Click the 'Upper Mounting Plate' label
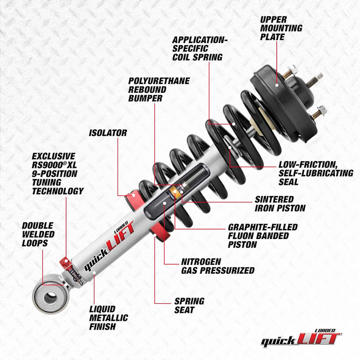click(281, 28)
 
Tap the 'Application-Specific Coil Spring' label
click(200, 49)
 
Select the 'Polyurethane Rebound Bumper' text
click(159, 90)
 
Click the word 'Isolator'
click(108, 133)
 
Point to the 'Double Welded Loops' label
click(38, 235)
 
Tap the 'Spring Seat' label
click(189, 306)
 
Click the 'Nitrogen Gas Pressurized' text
click(217, 266)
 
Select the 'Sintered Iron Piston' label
click(280, 204)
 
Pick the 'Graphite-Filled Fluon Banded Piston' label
click(262, 236)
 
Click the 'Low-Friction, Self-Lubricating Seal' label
click(315, 173)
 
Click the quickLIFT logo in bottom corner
click(301, 337)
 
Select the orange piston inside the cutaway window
click(173, 192)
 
